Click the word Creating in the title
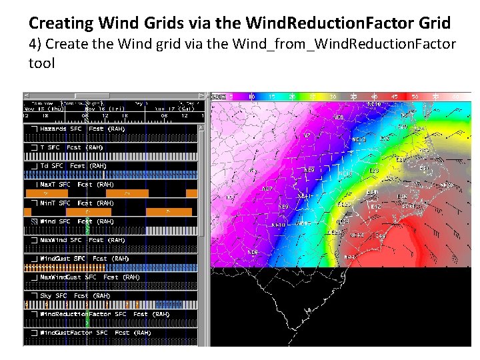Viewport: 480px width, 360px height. tap(61, 23)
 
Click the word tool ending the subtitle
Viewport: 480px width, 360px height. tap(41, 63)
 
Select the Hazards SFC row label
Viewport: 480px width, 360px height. tap(72, 129)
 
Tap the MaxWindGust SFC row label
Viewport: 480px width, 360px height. tap(89, 277)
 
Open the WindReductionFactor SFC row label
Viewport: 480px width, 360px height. tap(103, 314)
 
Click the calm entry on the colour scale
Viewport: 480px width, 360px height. tap(219, 97)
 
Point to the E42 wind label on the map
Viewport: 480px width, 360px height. tap(375, 207)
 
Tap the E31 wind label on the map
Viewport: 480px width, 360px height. tap(425, 168)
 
